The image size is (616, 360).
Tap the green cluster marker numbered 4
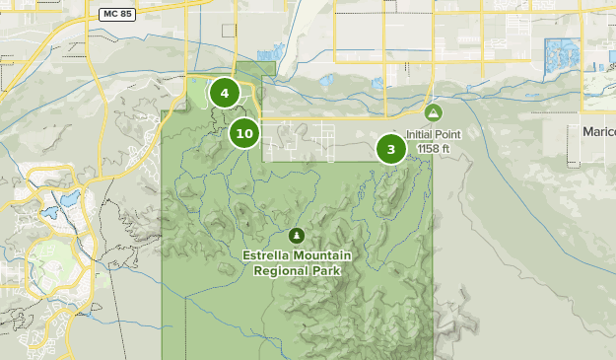pyautogui.click(x=224, y=94)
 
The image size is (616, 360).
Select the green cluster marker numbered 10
pyautogui.click(x=244, y=132)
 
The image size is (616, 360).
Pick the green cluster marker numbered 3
pyautogui.click(x=391, y=149)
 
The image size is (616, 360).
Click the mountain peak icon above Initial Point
pyautogui.click(x=434, y=113)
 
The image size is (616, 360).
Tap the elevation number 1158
pyautogui.click(x=427, y=149)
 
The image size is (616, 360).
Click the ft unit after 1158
pyautogui.click(x=445, y=149)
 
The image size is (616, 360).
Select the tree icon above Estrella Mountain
pyautogui.click(x=296, y=236)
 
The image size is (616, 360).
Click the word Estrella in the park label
pyautogui.click(x=267, y=255)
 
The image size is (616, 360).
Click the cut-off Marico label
pyautogui.click(x=597, y=131)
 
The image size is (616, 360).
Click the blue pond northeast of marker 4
pyautogui.click(x=263, y=55)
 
